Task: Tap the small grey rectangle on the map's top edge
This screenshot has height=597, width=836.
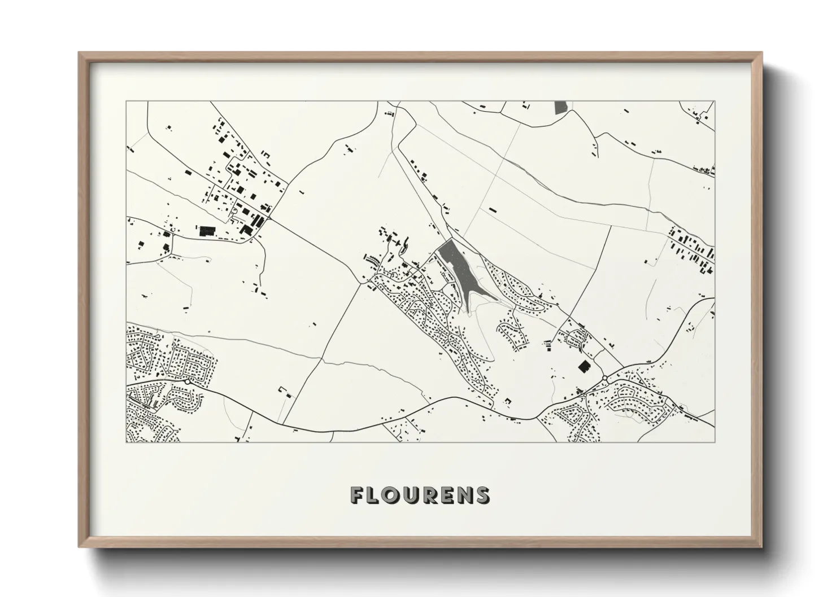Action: tap(560, 107)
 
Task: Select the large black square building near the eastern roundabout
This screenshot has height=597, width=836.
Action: tap(584, 367)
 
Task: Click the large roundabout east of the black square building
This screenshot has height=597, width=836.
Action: tap(605, 377)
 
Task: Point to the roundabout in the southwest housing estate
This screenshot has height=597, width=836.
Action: tap(187, 382)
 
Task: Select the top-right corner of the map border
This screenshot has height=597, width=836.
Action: tap(715, 102)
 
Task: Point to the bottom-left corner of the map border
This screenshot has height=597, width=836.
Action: tap(127, 442)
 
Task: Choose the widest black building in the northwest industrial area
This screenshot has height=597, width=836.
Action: tap(206, 230)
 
